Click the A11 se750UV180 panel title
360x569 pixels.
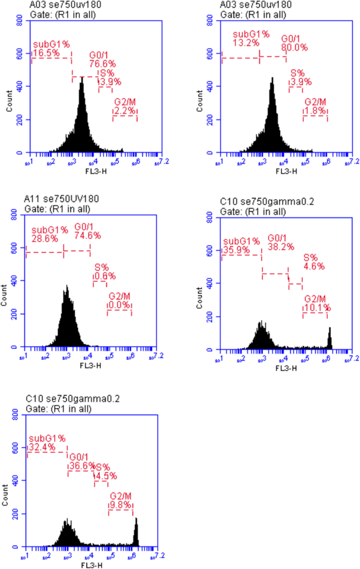click(x=61, y=200)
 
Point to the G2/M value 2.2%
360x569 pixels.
click(x=125, y=111)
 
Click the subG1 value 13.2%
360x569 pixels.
click(x=246, y=43)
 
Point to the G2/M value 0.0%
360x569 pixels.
click(x=119, y=305)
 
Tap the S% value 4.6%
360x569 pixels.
click(x=314, y=266)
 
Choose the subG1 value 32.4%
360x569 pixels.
click(x=40, y=447)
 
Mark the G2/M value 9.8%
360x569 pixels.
click(x=120, y=504)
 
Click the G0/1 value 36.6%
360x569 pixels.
click(x=81, y=465)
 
